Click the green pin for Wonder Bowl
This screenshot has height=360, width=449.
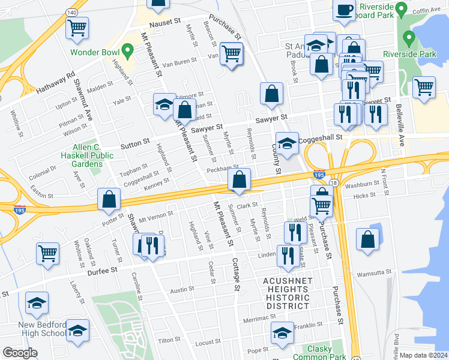click(x=126, y=50)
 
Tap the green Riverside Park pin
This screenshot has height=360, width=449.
click(x=409, y=40)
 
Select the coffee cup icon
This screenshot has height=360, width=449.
click(x=345, y=10)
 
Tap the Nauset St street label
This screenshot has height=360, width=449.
click(x=161, y=22)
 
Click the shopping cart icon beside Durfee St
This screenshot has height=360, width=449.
click(x=47, y=253)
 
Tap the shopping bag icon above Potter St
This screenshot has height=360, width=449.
click(x=109, y=200)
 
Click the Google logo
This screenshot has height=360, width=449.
click(x=20, y=353)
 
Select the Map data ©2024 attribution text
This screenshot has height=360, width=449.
click(x=423, y=355)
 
